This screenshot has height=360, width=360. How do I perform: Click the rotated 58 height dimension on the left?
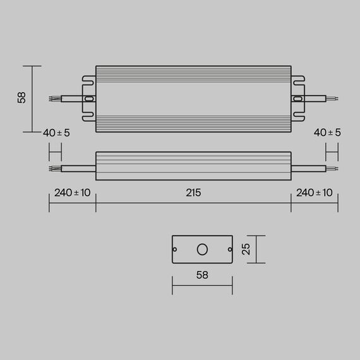[x=22, y=98]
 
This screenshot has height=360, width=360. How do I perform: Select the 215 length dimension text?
[x=193, y=193]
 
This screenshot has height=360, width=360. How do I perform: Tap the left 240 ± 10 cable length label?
[x=73, y=193]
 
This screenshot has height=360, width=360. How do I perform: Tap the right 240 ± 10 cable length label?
[x=315, y=193]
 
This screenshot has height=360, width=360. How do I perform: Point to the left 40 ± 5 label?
[x=56, y=133]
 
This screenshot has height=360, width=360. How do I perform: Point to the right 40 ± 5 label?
[x=327, y=133]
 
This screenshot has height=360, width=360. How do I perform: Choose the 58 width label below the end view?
[x=202, y=275]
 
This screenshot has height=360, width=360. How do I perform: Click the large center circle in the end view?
[x=202, y=249]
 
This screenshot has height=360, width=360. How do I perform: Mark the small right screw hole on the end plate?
[x=229, y=250]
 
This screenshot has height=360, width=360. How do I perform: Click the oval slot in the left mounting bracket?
[x=89, y=99]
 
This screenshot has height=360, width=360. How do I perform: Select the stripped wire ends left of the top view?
[x=55, y=99]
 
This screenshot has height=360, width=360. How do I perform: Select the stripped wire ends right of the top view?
[x=332, y=99]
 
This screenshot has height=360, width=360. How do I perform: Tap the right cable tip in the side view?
[x=332, y=168]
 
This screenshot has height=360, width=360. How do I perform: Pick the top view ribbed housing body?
[x=193, y=99]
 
